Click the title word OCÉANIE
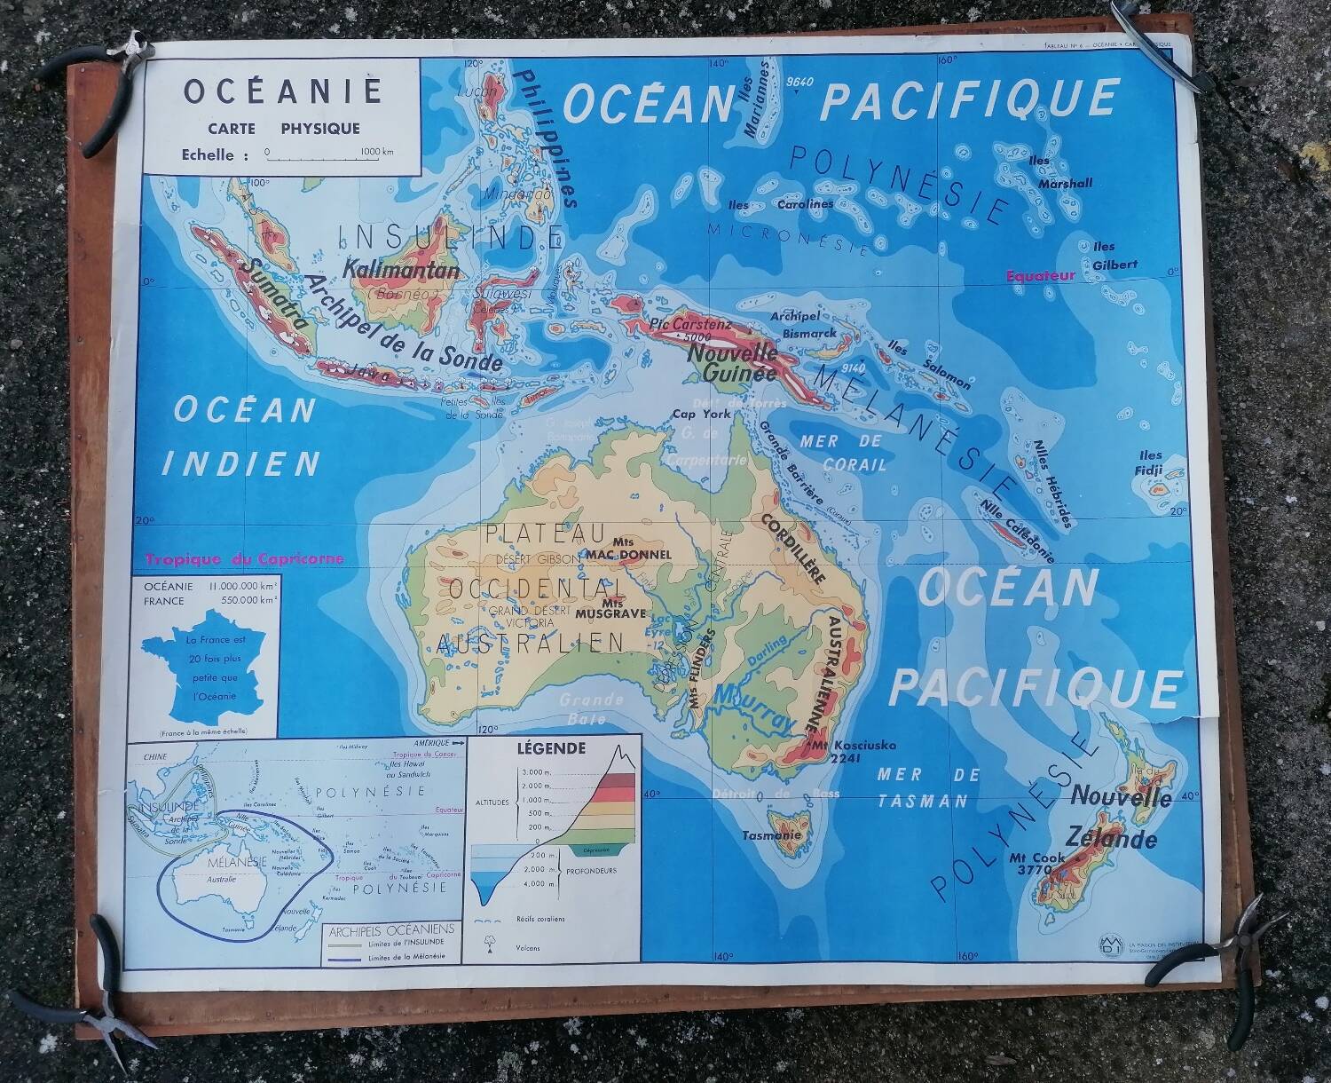point(282,91)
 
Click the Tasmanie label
point(772,835)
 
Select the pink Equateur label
point(1040,275)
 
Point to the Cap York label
point(701,414)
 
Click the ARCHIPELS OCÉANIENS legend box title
point(390,929)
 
